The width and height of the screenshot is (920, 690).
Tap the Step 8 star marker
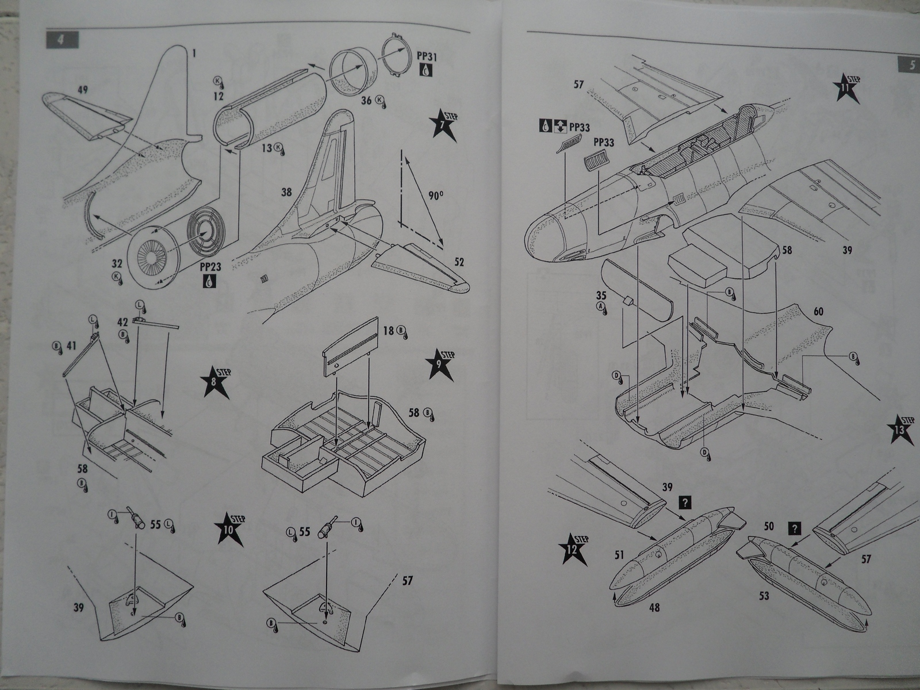216,383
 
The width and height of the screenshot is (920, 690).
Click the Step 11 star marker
846,88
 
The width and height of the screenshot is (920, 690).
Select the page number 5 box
907,66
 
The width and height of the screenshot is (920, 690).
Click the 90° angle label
435,196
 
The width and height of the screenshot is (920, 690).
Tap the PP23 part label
210,267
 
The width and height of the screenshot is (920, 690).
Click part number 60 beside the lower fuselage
818,312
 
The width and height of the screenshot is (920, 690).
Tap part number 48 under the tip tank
654,607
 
